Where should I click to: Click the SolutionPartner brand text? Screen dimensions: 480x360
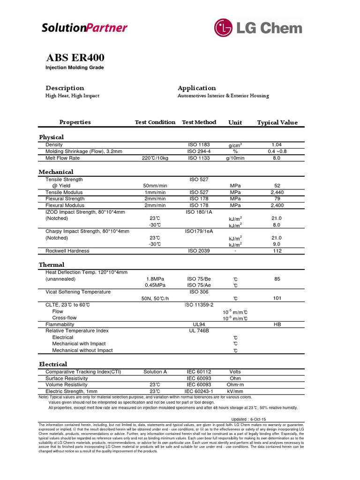(x=84, y=28)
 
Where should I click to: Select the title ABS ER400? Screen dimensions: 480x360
(x=75, y=58)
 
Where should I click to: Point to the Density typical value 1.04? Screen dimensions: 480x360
(x=276, y=145)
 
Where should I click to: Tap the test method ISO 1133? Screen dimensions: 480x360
(x=199, y=158)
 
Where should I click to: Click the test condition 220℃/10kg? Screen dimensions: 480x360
(x=155, y=158)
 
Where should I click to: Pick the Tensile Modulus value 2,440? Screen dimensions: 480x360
(x=277, y=193)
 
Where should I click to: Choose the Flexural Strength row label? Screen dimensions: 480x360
(x=65, y=199)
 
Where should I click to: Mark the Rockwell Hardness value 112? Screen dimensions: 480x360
(x=277, y=251)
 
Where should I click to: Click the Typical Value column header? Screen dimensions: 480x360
(x=277, y=122)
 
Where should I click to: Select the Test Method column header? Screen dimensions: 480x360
(x=199, y=122)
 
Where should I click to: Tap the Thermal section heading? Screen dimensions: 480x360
(x=52, y=265)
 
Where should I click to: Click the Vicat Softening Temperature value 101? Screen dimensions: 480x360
(x=277, y=298)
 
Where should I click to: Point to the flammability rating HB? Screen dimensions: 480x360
(x=277, y=324)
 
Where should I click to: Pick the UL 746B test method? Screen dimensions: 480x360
(x=199, y=331)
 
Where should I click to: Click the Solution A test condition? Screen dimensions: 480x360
(x=155, y=372)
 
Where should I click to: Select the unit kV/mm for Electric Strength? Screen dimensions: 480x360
(x=235, y=391)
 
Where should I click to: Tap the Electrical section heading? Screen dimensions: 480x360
(x=53, y=364)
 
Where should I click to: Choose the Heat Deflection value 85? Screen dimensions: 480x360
(x=277, y=279)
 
